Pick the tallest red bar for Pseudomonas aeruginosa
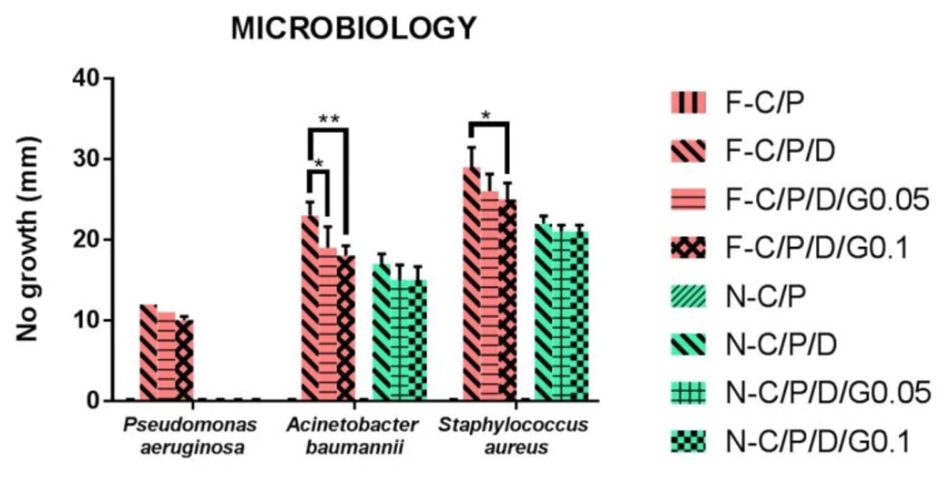(148, 352)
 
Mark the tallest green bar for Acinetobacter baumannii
(381, 332)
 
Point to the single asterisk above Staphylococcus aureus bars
(485, 115)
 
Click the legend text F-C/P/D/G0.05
(827, 198)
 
